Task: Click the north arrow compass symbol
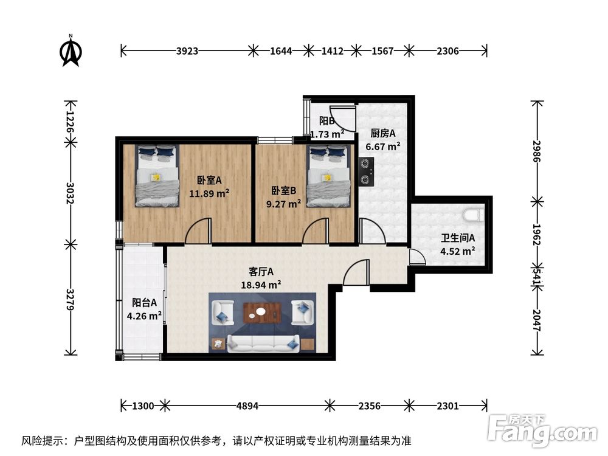tap(71, 51)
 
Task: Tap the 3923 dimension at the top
tap(187, 51)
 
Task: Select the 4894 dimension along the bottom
tap(247, 406)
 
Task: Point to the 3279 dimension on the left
tap(70, 299)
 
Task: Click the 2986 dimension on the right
tap(537, 151)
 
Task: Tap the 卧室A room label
tap(209, 181)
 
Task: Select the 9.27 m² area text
tap(284, 204)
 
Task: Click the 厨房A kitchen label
tap(382, 133)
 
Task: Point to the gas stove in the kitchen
tap(365, 171)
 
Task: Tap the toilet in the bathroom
tap(474, 215)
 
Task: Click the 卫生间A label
tap(458, 238)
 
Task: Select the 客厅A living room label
tap(261, 271)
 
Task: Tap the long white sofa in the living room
tap(263, 344)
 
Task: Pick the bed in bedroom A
tap(157, 176)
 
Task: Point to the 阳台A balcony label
tap(144, 302)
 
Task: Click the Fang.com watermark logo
tap(543, 429)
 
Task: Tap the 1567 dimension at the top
tap(382, 51)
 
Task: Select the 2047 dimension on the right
tap(537, 320)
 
